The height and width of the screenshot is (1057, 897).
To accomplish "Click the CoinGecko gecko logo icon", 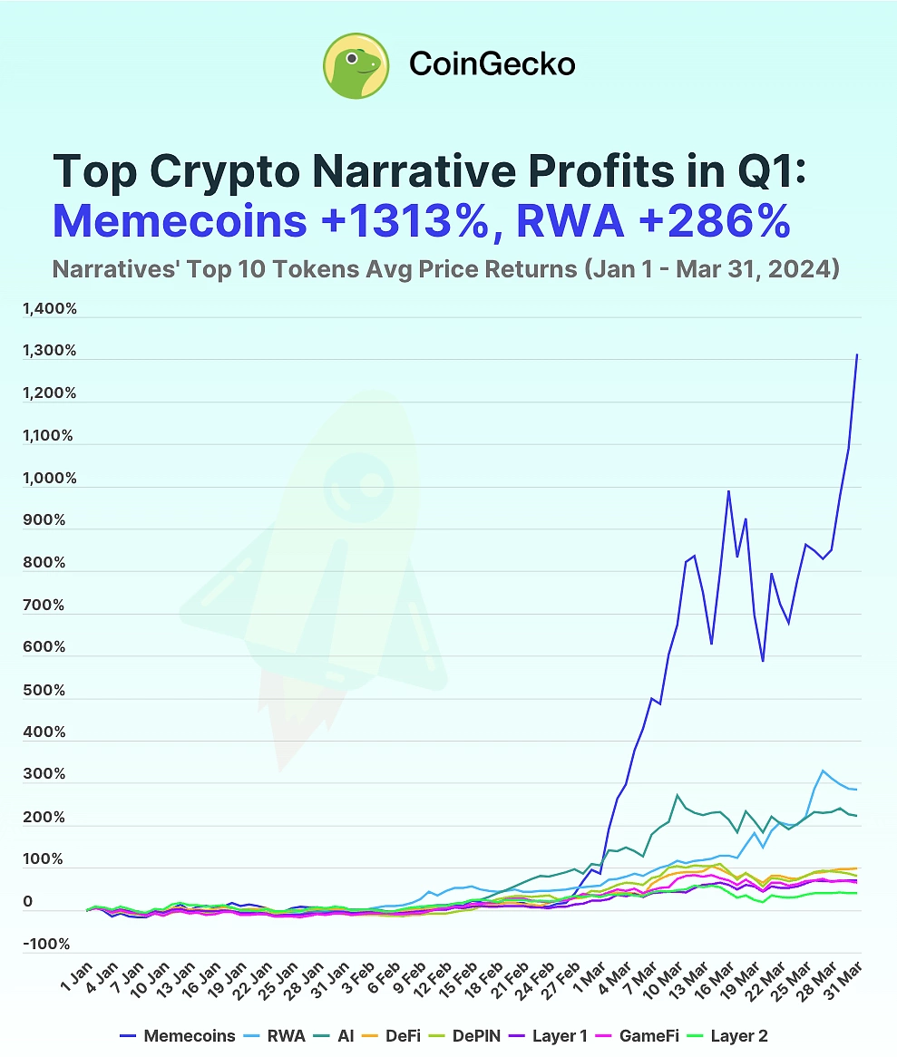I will coord(356,64).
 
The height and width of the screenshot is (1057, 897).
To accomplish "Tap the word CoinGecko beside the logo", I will coord(492,63).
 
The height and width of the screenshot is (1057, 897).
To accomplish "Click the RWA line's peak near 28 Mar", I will coord(823,771).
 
